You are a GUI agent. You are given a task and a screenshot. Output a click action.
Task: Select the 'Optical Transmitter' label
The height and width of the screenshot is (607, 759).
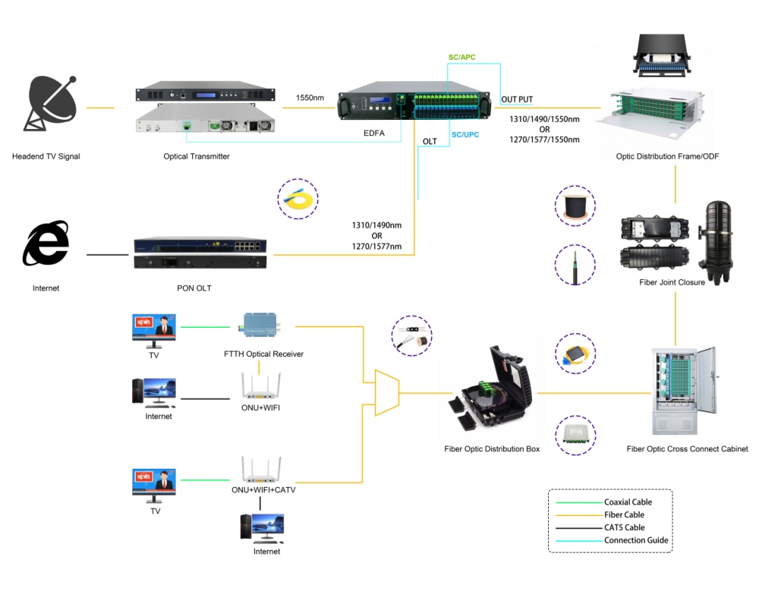pyautogui.click(x=197, y=156)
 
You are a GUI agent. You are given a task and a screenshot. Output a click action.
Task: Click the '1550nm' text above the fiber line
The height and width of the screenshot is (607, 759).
pyautogui.click(x=310, y=98)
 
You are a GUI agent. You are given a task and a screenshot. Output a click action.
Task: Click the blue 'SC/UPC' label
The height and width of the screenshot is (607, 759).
pyautogui.click(x=465, y=134)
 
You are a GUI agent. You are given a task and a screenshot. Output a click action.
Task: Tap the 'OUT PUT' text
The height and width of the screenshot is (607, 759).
pyautogui.click(x=518, y=99)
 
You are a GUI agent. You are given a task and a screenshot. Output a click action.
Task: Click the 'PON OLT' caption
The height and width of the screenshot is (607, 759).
pyautogui.click(x=194, y=288)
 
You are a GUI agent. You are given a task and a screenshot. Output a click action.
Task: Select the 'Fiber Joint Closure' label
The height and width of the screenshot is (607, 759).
pyautogui.click(x=672, y=282)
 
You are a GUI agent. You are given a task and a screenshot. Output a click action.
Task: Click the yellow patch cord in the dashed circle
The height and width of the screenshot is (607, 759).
pyautogui.click(x=297, y=200)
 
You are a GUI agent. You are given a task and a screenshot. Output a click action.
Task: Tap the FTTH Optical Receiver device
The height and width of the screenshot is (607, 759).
pyautogui.click(x=260, y=325)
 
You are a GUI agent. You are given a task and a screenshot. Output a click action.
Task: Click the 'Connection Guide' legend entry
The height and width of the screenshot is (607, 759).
pyautogui.click(x=635, y=540)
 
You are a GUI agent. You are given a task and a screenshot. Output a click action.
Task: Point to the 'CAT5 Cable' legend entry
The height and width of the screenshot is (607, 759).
pyautogui.click(x=624, y=527)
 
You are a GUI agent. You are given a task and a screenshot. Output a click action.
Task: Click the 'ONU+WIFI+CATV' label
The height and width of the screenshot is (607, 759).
pyautogui.click(x=263, y=489)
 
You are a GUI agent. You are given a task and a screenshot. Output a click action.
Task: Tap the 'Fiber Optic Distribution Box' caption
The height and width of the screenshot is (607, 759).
pyautogui.click(x=492, y=449)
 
